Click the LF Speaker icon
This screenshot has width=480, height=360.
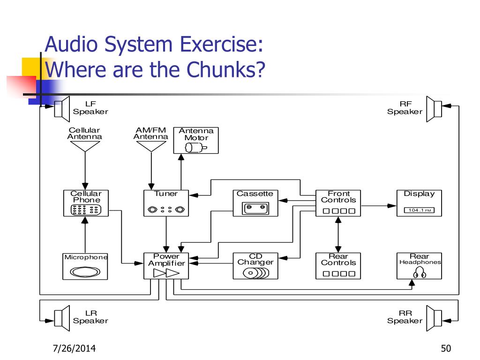pyautogui.click(x=62, y=109)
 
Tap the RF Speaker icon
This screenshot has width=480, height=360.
pyautogui.click(x=434, y=109)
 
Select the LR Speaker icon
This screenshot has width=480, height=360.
pyautogui.click(x=62, y=318)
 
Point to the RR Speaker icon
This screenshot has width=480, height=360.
pyautogui.click(x=434, y=318)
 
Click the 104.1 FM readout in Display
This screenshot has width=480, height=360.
pyautogui.click(x=420, y=210)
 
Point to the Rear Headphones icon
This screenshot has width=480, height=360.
pyautogui.click(x=420, y=272)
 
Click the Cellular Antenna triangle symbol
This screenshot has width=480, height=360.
pyautogui.click(x=85, y=146)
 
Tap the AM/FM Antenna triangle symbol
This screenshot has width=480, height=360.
pyautogui.click(x=151, y=146)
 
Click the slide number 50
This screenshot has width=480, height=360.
pyautogui.click(x=446, y=348)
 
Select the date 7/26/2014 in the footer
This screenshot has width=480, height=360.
pyautogui.click(x=75, y=348)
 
